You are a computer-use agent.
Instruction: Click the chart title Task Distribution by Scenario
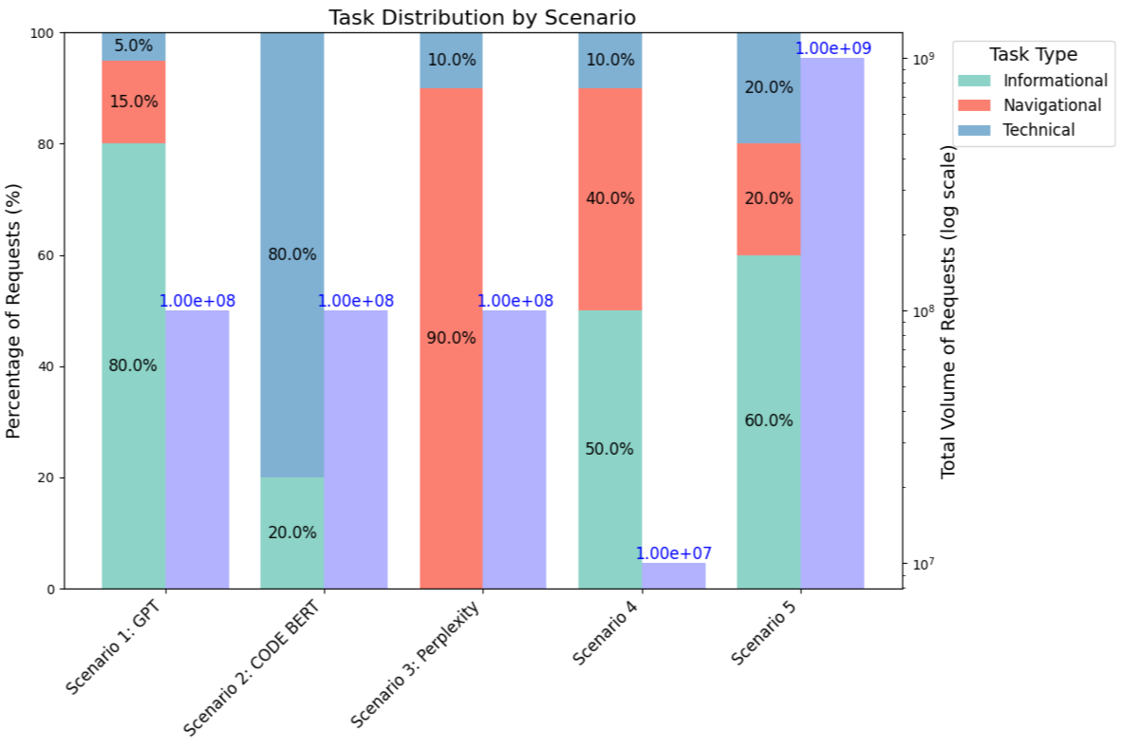click(481, 17)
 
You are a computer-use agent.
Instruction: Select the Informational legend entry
click(1055, 80)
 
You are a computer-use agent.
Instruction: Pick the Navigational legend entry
click(1051, 104)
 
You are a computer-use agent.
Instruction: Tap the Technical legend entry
click(1038, 129)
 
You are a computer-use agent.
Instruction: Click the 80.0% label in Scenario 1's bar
click(133, 365)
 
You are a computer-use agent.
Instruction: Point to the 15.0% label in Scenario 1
click(133, 101)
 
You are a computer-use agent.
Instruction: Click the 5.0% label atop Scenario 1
click(133, 46)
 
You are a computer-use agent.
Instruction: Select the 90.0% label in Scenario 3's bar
click(451, 338)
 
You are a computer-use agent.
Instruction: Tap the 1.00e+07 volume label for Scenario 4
click(674, 553)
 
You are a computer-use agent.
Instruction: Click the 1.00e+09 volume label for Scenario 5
click(833, 48)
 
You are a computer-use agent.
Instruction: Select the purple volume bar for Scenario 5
click(833, 323)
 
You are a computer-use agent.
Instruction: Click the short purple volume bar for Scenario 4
click(674, 575)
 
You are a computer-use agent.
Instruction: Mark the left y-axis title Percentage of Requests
click(13, 310)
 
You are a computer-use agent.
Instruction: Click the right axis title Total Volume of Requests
click(947, 313)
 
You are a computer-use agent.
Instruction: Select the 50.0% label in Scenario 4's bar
click(609, 449)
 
